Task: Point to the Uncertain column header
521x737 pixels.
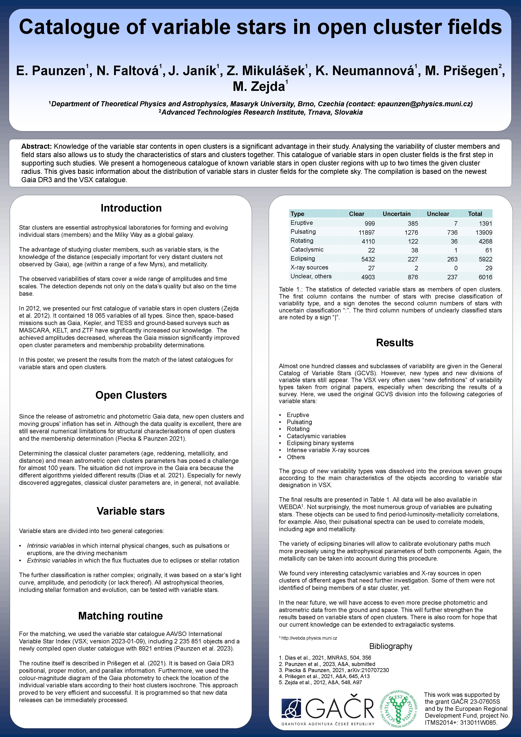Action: (396, 214)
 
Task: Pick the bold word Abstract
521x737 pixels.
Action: (36, 146)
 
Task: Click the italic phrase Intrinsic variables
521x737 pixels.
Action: (50, 546)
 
